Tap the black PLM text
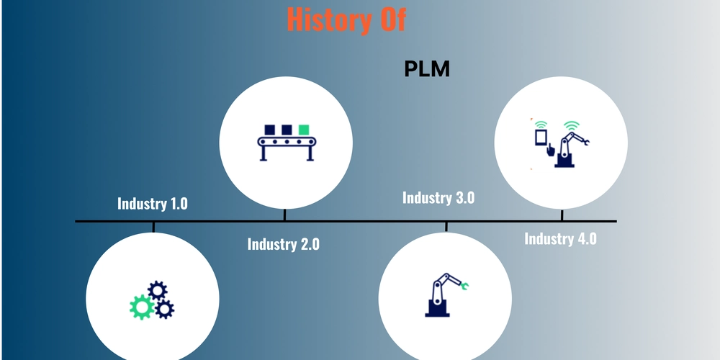click(x=426, y=69)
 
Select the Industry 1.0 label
click(x=153, y=204)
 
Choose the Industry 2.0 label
click(x=283, y=244)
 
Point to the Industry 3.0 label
click(x=438, y=197)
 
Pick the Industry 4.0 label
click(x=560, y=239)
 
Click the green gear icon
click(x=142, y=307)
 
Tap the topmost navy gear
click(x=158, y=291)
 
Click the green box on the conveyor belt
click(x=304, y=130)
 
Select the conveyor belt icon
click(x=287, y=143)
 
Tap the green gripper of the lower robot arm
click(x=464, y=287)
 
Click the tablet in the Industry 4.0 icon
click(x=542, y=138)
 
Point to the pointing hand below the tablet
click(x=550, y=150)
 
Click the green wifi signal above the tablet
click(x=542, y=125)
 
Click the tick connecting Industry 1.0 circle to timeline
click(x=153, y=228)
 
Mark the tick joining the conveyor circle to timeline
click(x=284, y=215)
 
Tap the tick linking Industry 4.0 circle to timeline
click(x=562, y=215)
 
